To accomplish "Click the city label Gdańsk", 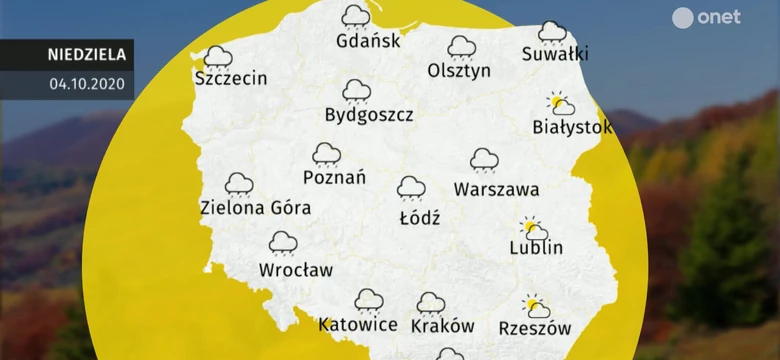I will (368, 42).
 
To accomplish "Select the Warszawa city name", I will (496, 189).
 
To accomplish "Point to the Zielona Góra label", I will (255, 209).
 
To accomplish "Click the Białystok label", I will (572, 128).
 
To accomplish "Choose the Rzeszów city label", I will (534, 328).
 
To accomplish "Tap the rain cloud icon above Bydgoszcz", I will (356, 91).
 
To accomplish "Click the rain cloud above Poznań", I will (326, 154).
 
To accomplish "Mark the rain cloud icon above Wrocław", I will (283, 243).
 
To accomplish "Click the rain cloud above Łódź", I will (410, 187).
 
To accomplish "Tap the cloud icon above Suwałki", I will (552, 32).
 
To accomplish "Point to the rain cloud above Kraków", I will (431, 303).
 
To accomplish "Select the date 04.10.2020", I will (86, 84).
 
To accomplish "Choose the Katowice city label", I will (358, 325).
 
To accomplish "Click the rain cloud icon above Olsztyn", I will (461, 47).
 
